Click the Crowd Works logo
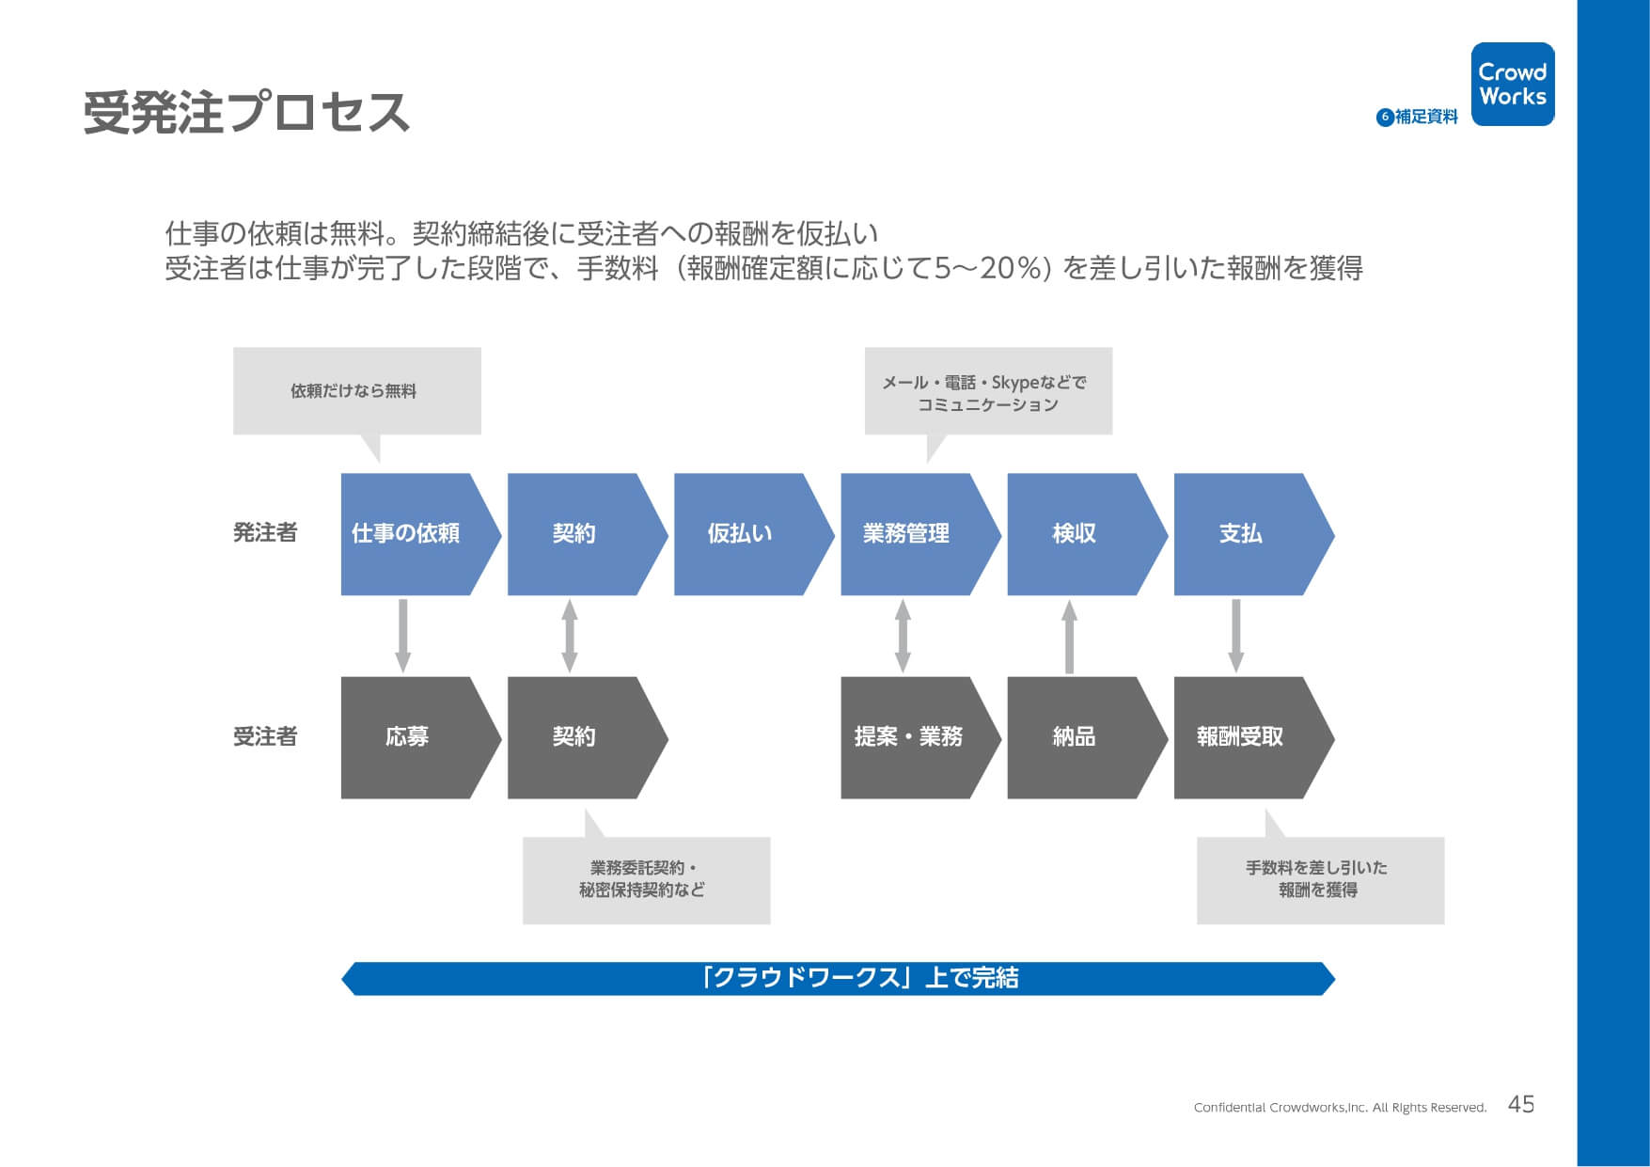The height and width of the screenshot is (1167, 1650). click(x=1513, y=84)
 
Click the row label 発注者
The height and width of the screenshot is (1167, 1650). click(x=265, y=533)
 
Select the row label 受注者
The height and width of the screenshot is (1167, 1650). click(x=265, y=736)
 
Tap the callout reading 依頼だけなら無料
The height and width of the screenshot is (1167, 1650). click(x=357, y=391)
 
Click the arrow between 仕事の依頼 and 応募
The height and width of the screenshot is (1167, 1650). click(x=403, y=636)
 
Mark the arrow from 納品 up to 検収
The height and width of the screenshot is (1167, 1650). click(x=1069, y=636)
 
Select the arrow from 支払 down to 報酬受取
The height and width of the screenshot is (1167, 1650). click(x=1236, y=636)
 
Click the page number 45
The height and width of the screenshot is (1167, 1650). click(x=1521, y=1104)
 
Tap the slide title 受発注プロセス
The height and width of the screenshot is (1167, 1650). click(x=246, y=113)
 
